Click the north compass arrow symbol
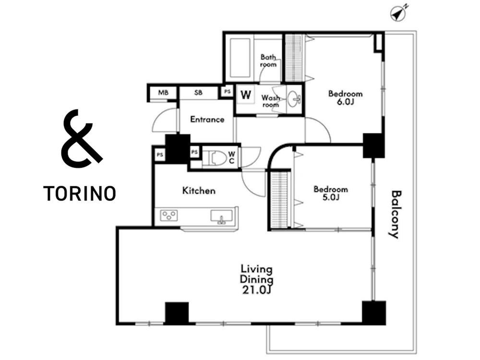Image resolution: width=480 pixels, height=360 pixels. point(398,13)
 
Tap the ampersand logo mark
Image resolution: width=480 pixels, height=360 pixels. point(80,138)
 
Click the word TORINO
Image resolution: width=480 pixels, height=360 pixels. point(80,193)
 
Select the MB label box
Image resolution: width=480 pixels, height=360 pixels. point(163,92)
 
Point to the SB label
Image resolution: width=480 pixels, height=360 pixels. point(198,93)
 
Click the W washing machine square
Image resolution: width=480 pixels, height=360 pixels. point(246,95)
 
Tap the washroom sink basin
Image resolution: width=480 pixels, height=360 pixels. point(295,99)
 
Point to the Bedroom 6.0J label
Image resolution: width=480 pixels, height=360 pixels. point(345,97)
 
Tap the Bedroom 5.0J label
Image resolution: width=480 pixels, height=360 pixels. point(331,193)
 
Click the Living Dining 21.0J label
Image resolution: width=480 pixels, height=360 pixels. point(256,279)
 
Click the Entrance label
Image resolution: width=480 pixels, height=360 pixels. point(207,120)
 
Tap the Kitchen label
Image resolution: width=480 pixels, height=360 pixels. point(199,191)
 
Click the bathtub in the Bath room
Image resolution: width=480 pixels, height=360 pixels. point(240,58)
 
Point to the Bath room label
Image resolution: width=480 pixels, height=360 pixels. point(268,60)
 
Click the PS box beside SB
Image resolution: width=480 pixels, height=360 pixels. point(227,91)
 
